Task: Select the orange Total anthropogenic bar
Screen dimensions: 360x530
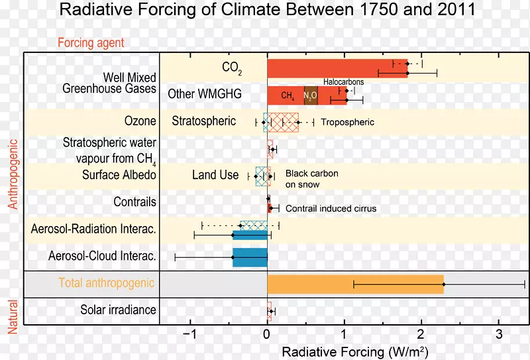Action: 355,284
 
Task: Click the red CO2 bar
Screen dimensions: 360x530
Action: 337,68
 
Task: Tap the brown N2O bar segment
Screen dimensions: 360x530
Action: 311,95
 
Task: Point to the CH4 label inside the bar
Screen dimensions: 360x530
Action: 288,95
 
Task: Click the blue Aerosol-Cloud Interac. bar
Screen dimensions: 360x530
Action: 250,257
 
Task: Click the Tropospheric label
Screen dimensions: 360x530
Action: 347,122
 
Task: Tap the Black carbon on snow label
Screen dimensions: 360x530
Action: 311,178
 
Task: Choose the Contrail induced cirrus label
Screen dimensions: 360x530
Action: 331,208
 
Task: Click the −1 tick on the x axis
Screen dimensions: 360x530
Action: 190,333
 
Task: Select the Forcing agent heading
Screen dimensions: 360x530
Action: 91,43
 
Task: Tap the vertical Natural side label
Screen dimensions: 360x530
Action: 12,316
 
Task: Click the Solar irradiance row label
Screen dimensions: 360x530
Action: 118,310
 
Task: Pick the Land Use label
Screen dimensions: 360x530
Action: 215,175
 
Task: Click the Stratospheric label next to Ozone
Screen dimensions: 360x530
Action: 203,121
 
